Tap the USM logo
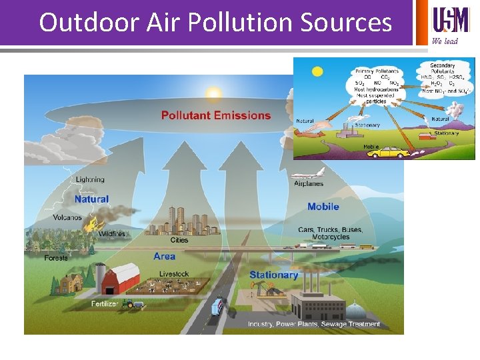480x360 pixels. (x=451, y=20)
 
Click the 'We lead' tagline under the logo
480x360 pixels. (x=445, y=41)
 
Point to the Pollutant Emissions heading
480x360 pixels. (x=216, y=115)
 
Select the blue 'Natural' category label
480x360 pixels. (x=91, y=199)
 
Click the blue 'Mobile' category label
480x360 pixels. (x=323, y=207)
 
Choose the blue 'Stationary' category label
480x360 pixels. (x=273, y=275)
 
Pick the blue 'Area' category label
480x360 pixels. (x=164, y=256)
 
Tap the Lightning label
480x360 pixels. (x=90, y=179)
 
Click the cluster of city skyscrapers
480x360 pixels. (x=179, y=221)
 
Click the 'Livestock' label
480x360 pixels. (x=174, y=274)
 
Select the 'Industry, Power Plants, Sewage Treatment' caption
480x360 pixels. (x=314, y=325)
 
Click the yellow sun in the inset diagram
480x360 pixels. (x=317, y=71)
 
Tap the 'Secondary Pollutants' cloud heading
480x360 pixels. (x=443, y=68)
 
